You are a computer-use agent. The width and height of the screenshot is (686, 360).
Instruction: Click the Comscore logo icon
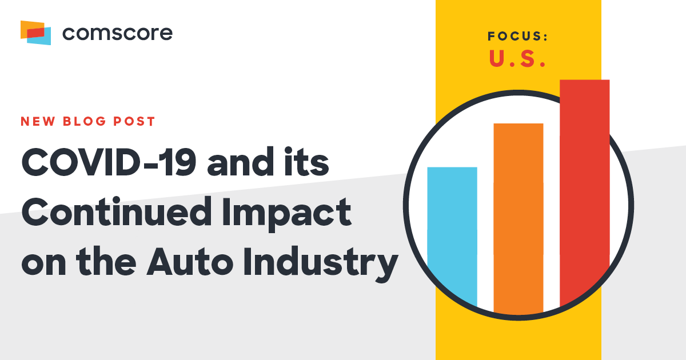pyautogui.click(x=35, y=32)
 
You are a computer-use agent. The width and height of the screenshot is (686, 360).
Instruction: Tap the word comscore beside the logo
pyautogui.click(x=117, y=33)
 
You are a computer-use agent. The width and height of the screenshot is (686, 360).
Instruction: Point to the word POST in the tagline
pyautogui.click(x=133, y=122)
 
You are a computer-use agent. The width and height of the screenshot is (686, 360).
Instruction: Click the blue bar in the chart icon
pyautogui.click(x=452, y=234)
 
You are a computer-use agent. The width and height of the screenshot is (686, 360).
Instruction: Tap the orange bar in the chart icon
pyautogui.click(x=518, y=217)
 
